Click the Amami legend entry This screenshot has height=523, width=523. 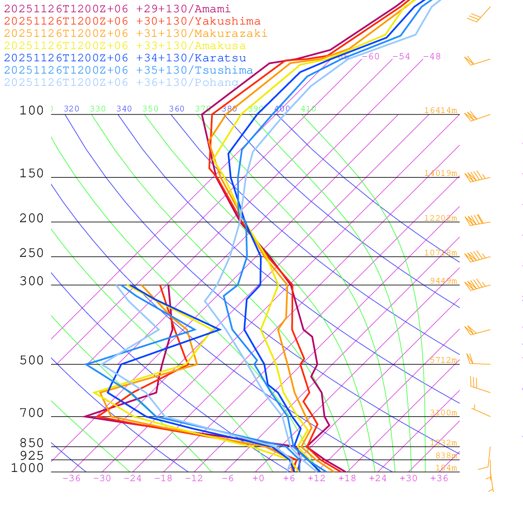pos(117,9)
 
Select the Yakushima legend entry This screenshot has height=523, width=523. pos(132,21)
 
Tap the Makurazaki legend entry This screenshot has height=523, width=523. pos(136,34)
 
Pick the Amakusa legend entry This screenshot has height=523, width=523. pos(125,46)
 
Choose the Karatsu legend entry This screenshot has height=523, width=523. pos(125,58)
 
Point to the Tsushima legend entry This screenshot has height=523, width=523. pos(129,70)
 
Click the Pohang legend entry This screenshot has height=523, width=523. pos(122,83)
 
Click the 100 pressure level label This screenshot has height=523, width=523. pos(32,111)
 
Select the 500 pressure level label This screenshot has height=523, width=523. pos(32,361)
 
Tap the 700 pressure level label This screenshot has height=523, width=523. pos(32,414)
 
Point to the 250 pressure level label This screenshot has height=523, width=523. pos(32,254)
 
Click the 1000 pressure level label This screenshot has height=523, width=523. pos(28,468)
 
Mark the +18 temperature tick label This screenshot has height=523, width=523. pos(347,479)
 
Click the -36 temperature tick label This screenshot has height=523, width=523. pos(71,479)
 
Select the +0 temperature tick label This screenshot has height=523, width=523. pos(258,479)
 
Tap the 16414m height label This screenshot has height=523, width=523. pos(440,110)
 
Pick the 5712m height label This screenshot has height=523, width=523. pos(443,360)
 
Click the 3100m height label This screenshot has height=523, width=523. pos(443,413)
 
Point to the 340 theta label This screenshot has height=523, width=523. pos(124,109)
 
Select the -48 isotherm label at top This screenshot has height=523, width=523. pos(432,57)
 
